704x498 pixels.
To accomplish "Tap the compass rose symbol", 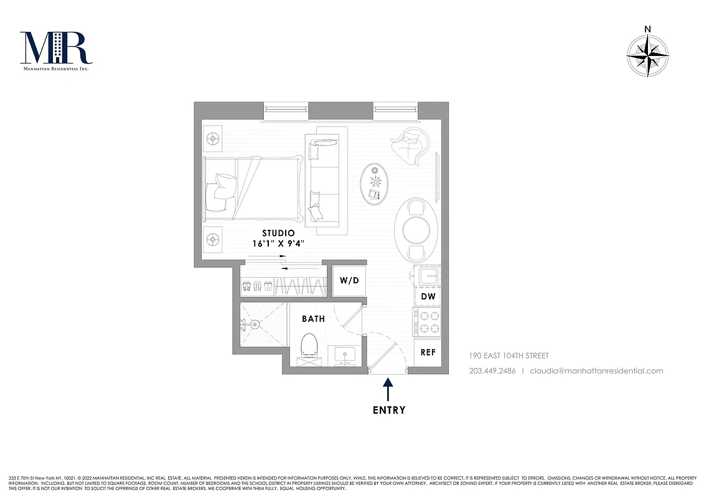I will point(647,56).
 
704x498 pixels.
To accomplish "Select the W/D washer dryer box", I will point(349,280).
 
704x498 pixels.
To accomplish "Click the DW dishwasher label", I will point(428,297).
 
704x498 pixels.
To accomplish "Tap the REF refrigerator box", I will point(428,352).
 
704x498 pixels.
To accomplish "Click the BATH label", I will point(313,319).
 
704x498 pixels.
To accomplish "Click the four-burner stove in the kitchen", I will point(427,322).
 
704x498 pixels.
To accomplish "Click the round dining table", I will point(416,230).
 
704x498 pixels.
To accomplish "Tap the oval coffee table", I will point(375,184).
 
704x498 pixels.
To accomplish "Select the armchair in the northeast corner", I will point(408,147).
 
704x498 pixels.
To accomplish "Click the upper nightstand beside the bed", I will point(213,137).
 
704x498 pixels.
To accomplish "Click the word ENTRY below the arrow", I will point(389,410).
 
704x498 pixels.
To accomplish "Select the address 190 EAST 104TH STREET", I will point(509,356).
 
